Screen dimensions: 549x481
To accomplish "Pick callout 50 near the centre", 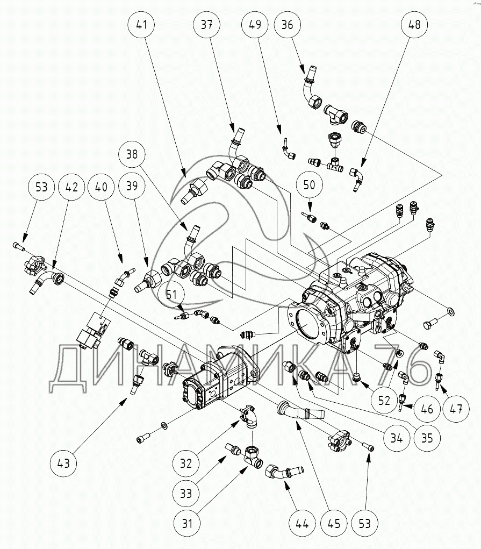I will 309,185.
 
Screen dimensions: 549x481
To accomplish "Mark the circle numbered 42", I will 71,187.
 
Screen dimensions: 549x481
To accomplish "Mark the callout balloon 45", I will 334,522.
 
